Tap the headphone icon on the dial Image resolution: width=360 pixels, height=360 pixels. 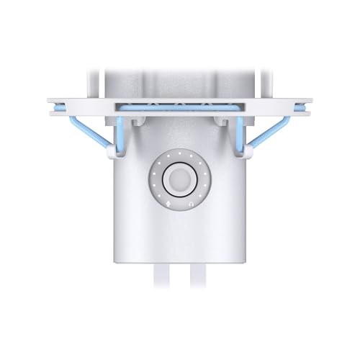[x=191, y=204]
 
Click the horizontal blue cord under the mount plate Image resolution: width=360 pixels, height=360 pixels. [x=179, y=107]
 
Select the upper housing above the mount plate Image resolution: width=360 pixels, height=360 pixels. [x=179, y=83]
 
